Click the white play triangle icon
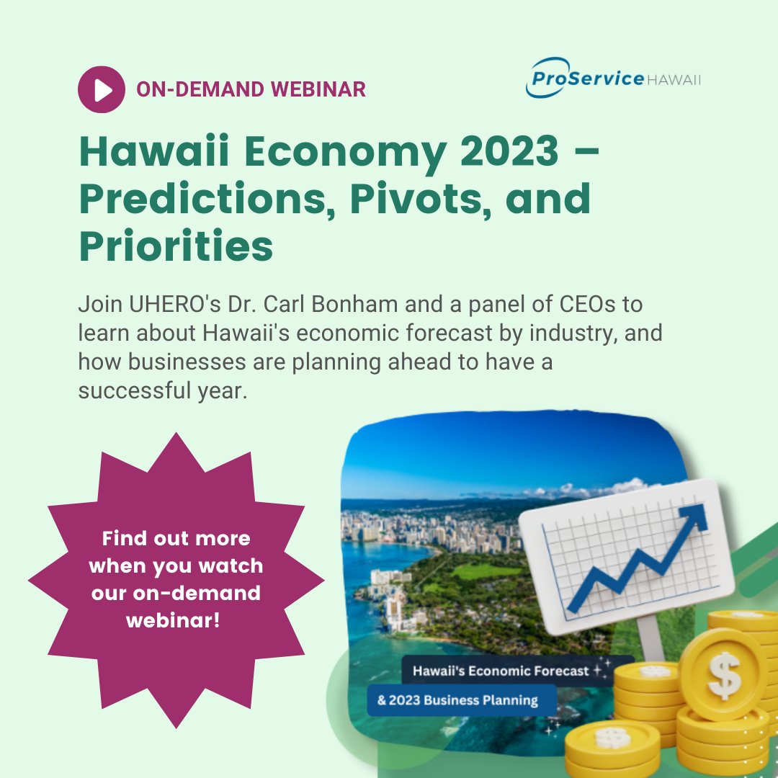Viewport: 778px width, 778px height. [x=103, y=89]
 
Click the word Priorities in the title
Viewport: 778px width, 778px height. [x=176, y=246]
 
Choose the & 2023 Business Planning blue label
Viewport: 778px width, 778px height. [x=458, y=699]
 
